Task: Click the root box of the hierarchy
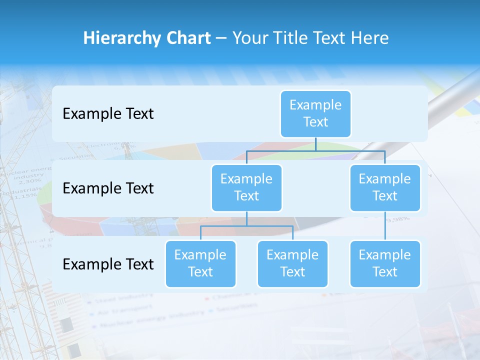click(x=315, y=113)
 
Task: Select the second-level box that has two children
click(x=246, y=187)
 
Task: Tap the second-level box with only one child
click(x=385, y=187)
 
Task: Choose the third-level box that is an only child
click(x=385, y=263)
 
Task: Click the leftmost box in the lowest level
click(x=200, y=263)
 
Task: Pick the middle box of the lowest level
click(x=292, y=263)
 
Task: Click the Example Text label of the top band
click(x=108, y=114)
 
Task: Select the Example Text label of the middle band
click(x=108, y=188)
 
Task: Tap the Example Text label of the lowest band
click(x=108, y=264)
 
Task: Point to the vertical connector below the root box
click(x=315, y=144)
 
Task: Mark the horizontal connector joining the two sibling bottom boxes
click(x=246, y=226)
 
